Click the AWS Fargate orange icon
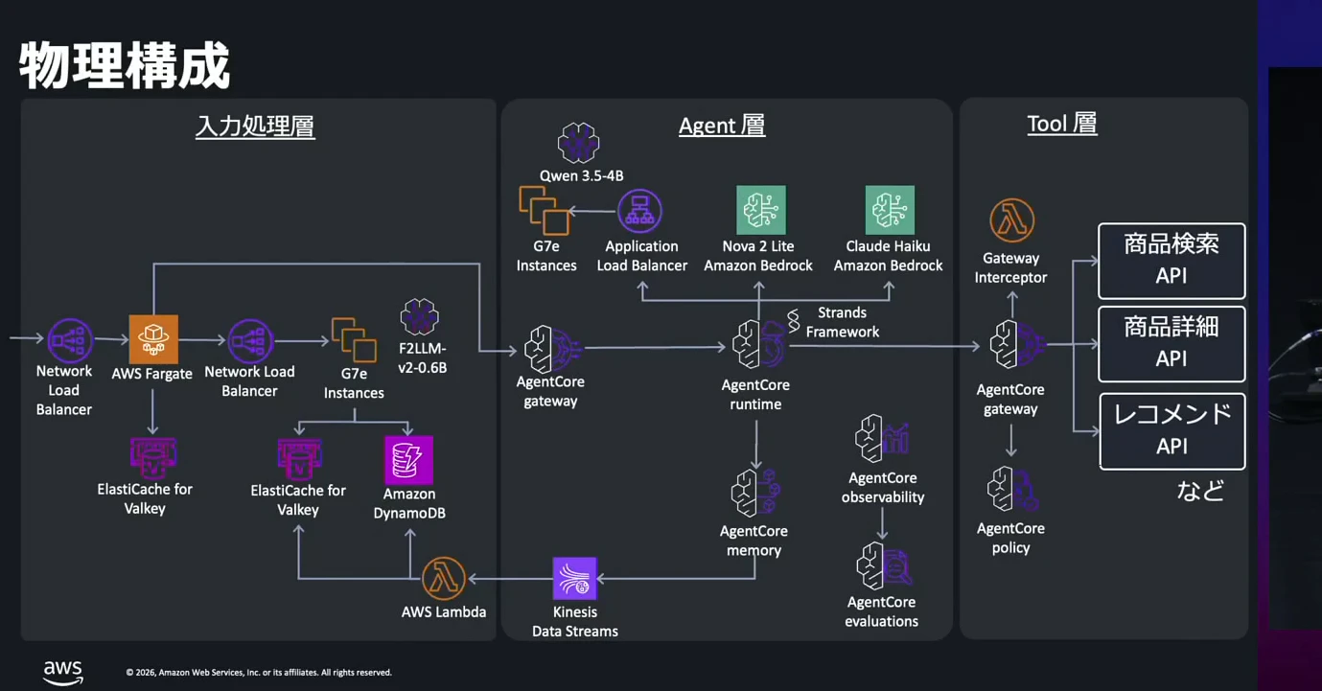click(153, 339)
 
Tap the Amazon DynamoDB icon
click(409, 460)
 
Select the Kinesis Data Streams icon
click(575, 578)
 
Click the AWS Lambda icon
click(444, 578)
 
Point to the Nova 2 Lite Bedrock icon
click(761, 210)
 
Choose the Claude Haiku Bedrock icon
click(890, 210)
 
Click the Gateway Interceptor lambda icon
click(1012, 220)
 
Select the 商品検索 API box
click(1171, 261)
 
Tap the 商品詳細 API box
click(1171, 343)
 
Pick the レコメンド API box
click(1172, 431)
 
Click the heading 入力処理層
click(256, 127)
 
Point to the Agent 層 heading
click(722, 126)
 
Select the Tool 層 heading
click(1062, 124)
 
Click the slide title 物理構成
click(125, 65)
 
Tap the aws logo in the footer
click(63, 672)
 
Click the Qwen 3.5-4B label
click(581, 175)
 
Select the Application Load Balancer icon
click(639, 211)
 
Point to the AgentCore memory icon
click(755, 493)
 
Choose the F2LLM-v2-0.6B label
click(423, 358)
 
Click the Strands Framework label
click(842, 322)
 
